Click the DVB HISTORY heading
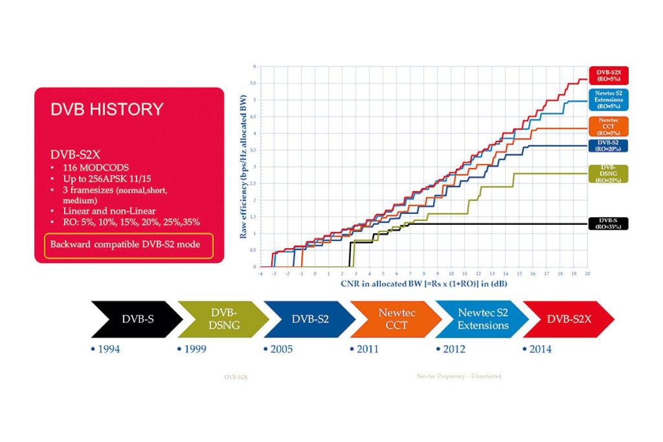tap(107, 109)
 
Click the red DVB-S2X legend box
tap(608, 76)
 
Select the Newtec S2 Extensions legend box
tap(608, 100)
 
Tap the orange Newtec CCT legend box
tap(608, 125)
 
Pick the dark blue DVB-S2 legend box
tap(608, 145)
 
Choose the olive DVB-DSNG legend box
tap(608, 173)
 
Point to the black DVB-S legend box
tap(608, 223)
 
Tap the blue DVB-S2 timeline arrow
tap(310, 319)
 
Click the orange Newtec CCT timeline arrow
tap(396, 319)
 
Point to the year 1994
tap(106, 349)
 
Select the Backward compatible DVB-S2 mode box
tap(129, 245)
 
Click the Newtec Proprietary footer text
tap(459, 376)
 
